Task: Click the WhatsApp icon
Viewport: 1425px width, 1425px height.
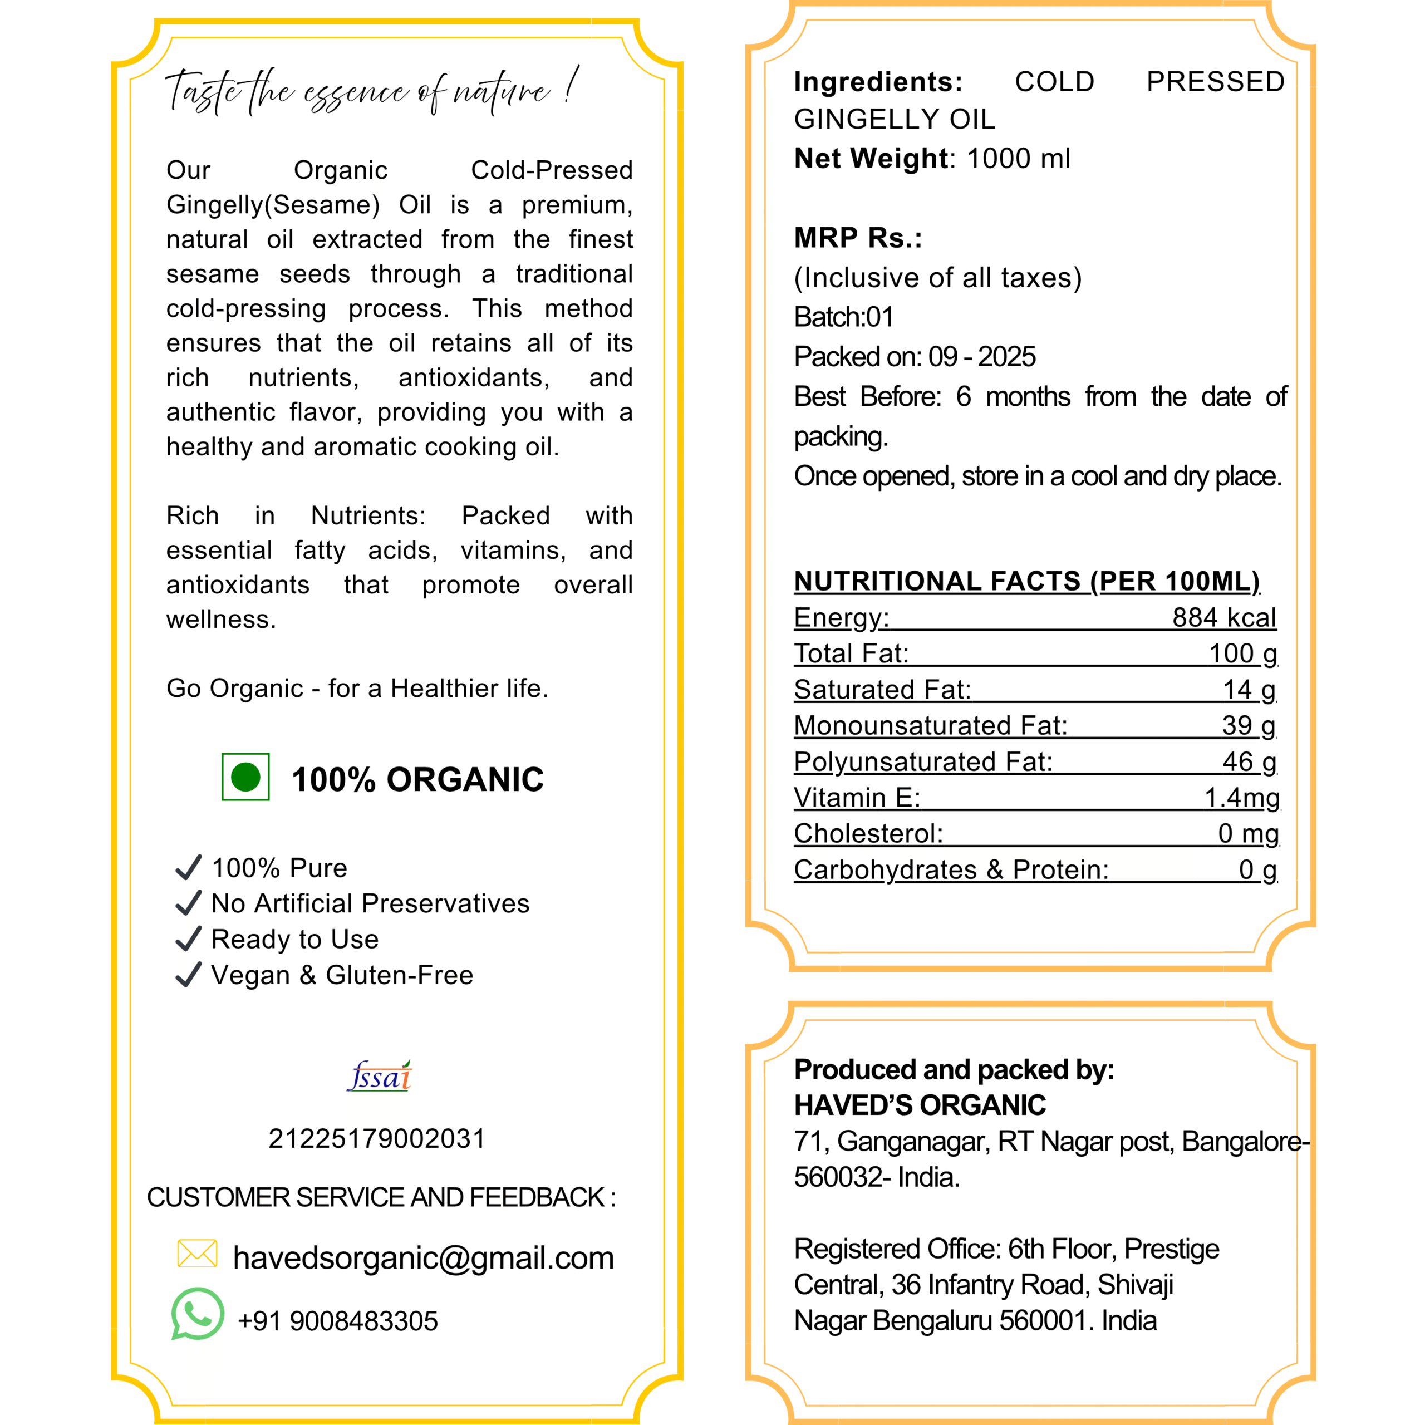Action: pyautogui.click(x=198, y=1314)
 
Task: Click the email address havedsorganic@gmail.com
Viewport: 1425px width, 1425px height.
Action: pyautogui.click(x=422, y=1257)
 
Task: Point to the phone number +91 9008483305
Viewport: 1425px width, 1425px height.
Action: pyautogui.click(x=337, y=1321)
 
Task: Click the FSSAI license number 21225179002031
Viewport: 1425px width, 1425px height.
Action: pyautogui.click(x=377, y=1139)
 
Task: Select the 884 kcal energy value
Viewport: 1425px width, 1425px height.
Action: pyautogui.click(x=1223, y=617)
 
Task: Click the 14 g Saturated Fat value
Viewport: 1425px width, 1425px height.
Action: pyautogui.click(x=1249, y=690)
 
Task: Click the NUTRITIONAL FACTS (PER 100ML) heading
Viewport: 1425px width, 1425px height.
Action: pyautogui.click(x=1026, y=581)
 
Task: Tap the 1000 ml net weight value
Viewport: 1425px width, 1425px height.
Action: pyautogui.click(x=1018, y=159)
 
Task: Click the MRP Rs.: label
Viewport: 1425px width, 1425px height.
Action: pyautogui.click(x=858, y=238)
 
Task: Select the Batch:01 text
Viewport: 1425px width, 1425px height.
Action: pyautogui.click(x=843, y=317)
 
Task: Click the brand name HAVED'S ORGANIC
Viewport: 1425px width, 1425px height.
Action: pyautogui.click(x=920, y=1105)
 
